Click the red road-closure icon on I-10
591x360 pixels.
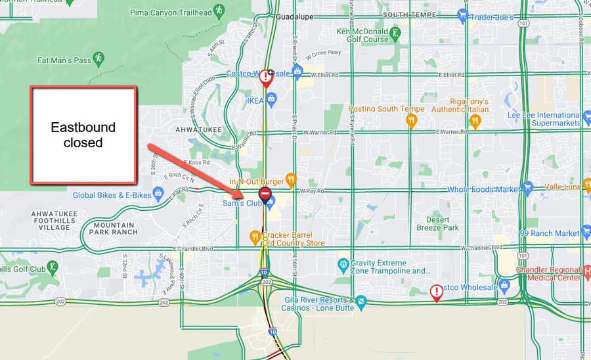[x=265, y=194]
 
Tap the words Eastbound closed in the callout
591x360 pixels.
[x=83, y=134]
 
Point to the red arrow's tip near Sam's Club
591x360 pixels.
[x=242, y=194]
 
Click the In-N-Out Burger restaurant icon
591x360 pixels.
[x=292, y=179]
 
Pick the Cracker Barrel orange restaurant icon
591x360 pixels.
[x=255, y=236]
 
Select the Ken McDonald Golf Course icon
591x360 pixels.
[x=395, y=32]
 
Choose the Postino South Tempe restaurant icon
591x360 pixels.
[x=411, y=120]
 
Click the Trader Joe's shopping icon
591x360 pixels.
[x=463, y=16]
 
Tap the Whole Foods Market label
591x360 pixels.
[x=483, y=189]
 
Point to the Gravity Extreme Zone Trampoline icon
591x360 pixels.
[x=342, y=265]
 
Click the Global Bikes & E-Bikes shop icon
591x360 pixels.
[x=158, y=193]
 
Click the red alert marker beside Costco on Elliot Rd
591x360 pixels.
[x=265, y=78]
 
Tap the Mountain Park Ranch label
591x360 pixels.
[x=113, y=227]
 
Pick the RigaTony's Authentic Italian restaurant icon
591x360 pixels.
[x=475, y=120]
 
